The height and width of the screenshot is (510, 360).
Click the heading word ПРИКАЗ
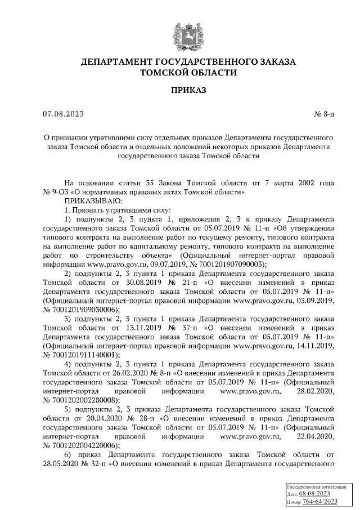pyautogui.click(x=188, y=90)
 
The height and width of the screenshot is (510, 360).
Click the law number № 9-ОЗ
pyautogui.click(x=58, y=192)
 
